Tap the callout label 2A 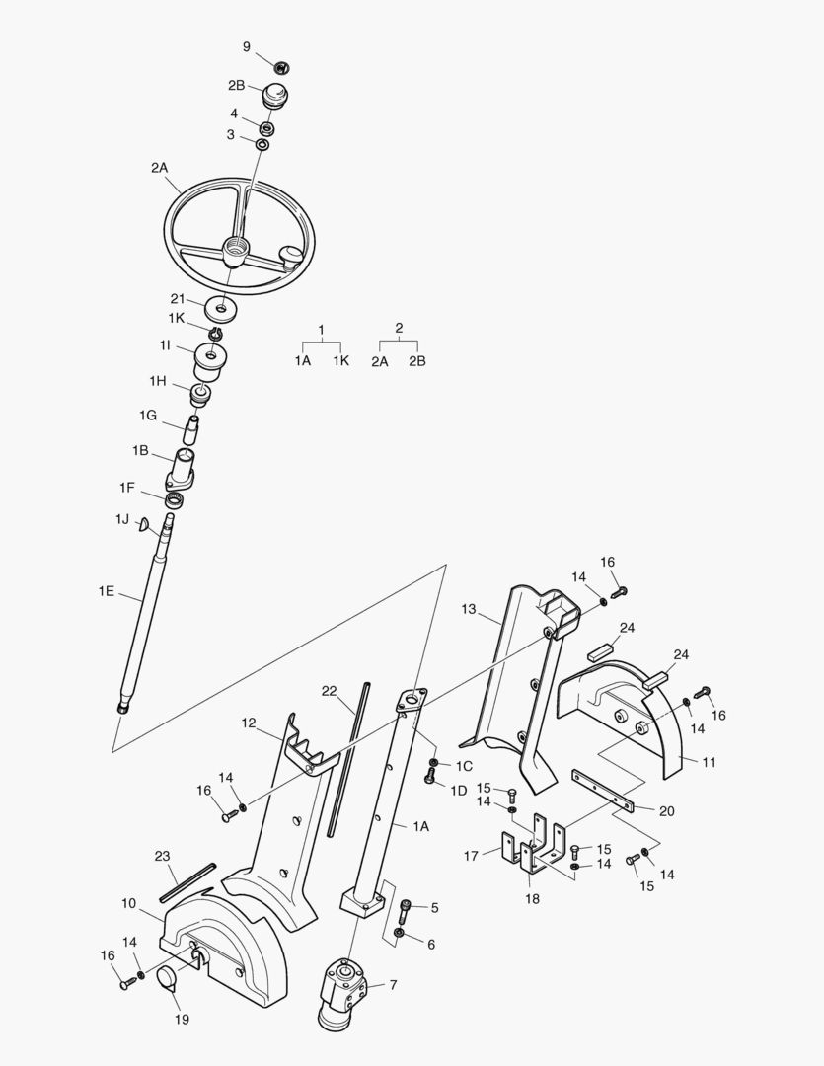(x=160, y=168)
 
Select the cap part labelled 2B (x=274, y=99)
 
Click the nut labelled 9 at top (x=281, y=67)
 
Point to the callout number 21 (x=178, y=298)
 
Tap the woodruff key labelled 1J (x=144, y=524)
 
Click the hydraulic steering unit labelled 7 (x=343, y=990)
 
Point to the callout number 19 (x=182, y=1019)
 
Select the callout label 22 (x=329, y=691)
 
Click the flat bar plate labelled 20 (x=604, y=792)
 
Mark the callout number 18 (x=532, y=899)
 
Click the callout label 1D (x=459, y=790)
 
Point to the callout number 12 (x=249, y=723)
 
